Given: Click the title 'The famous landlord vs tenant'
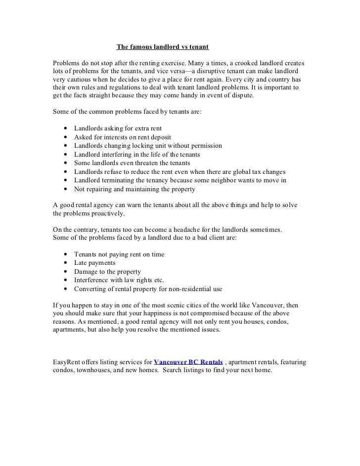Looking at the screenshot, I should tap(162, 47).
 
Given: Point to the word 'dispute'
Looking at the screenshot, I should tap(239, 95).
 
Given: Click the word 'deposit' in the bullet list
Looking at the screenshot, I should tap(159, 137).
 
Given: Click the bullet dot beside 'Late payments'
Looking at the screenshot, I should tap(65, 263).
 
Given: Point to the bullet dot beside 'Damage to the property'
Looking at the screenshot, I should tap(65, 272).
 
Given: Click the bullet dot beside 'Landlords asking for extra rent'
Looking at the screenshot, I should tap(65, 128).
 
